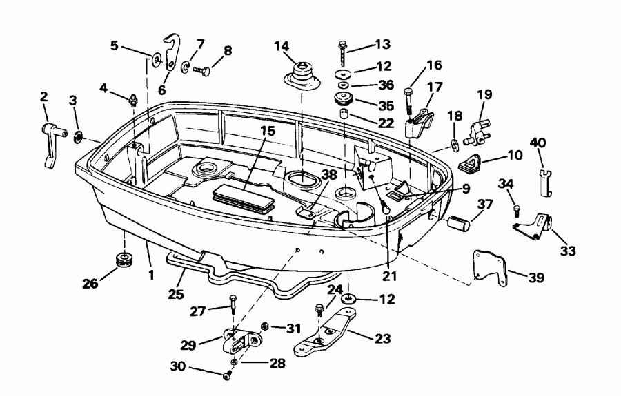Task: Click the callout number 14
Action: tap(281, 47)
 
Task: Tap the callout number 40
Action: tap(538, 143)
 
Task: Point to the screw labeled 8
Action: tap(205, 70)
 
